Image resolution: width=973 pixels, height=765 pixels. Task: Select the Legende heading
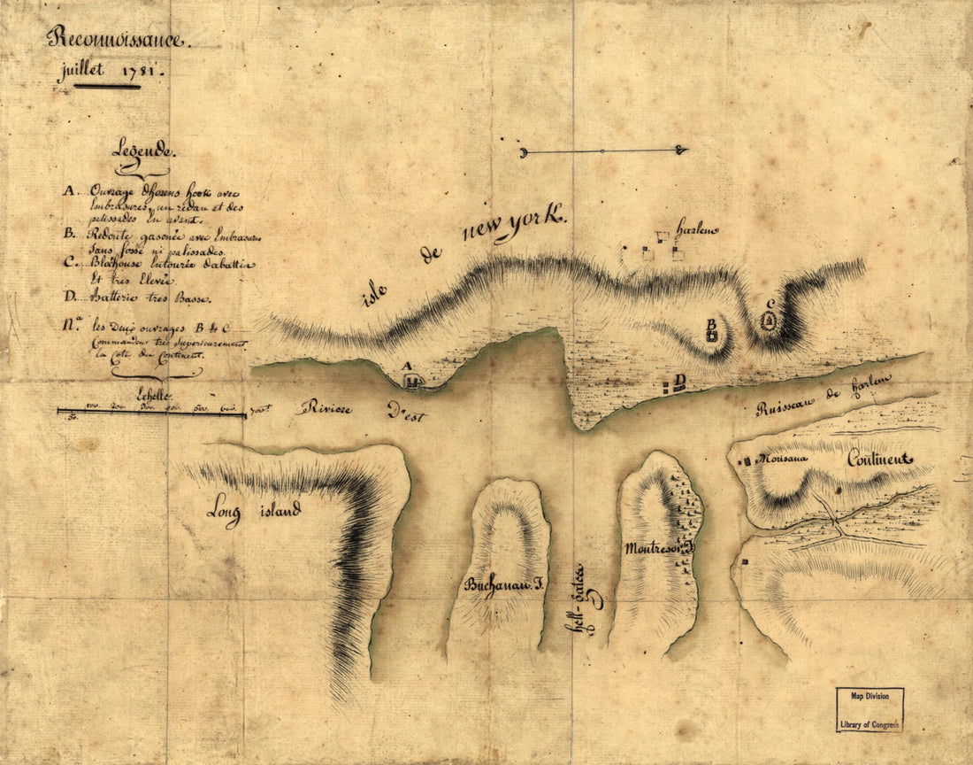pos(142,151)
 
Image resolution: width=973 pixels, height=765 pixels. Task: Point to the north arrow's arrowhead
pos(681,151)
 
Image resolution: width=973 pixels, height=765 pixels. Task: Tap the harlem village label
pos(698,229)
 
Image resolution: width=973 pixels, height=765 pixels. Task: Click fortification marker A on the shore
pos(411,381)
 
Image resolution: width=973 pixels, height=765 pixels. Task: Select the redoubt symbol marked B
pos(711,336)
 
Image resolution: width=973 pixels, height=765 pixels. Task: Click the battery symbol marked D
pos(667,386)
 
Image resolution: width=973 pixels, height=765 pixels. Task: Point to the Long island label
pos(254,511)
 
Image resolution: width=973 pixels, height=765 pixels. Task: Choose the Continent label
pos(878,459)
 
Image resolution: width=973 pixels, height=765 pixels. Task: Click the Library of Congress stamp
pos(869,710)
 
